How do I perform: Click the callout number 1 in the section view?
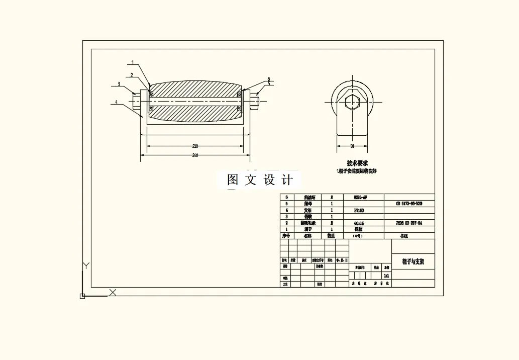133,63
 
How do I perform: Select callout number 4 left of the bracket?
116,102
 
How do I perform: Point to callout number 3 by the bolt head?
119,84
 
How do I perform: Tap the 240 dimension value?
195,155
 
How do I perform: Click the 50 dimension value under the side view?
352,146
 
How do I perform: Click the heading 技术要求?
357,163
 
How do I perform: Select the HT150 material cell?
358,210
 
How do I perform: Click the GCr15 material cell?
358,222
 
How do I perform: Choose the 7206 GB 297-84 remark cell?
409,222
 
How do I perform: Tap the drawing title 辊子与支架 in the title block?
413,261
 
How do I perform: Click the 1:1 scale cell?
386,276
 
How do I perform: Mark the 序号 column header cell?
286,235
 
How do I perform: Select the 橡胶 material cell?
358,229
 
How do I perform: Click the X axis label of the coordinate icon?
113,292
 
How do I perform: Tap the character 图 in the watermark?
232,180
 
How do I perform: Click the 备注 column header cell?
404,235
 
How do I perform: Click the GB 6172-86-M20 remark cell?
409,204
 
